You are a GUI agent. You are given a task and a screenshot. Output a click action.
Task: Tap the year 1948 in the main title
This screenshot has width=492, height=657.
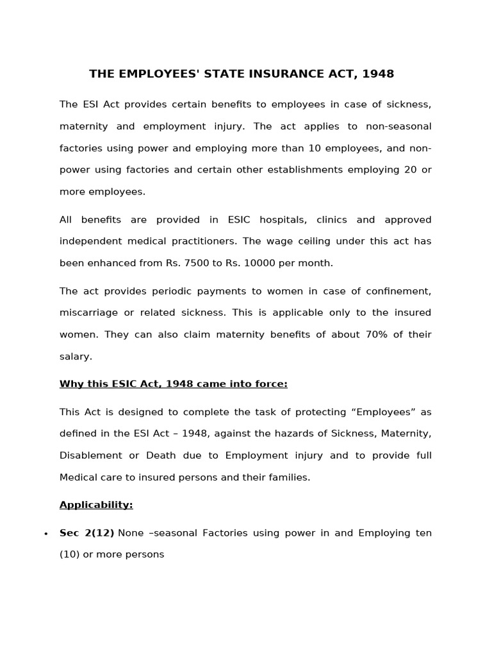tap(378, 74)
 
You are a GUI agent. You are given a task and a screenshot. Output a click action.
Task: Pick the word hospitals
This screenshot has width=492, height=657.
tap(283, 219)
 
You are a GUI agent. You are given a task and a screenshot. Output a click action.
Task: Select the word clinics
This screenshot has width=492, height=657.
tap(335, 219)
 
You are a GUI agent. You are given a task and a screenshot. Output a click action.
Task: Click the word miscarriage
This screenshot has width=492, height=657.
tap(88, 312)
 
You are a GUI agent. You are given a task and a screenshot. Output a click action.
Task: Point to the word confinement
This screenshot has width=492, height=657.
tap(398, 291)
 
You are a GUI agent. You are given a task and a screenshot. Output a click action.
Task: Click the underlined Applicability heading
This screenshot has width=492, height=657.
tap(96, 505)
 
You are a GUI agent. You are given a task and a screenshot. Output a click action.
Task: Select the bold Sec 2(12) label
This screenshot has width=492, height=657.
tap(86, 533)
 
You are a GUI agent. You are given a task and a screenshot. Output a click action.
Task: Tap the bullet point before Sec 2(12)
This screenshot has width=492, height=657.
tap(45, 534)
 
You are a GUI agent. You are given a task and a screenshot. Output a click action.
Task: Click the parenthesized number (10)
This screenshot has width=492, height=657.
tap(69, 554)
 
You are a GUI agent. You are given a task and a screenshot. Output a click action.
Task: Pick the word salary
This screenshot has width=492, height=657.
tap(76, 356)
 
